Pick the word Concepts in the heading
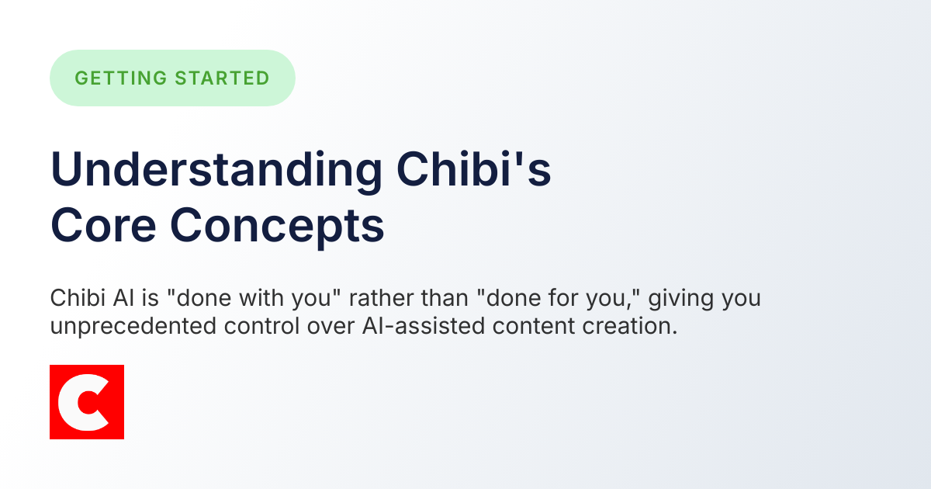point(277,226)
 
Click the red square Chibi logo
point(87,402)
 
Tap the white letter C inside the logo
point(81,402)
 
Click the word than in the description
point(448,299)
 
